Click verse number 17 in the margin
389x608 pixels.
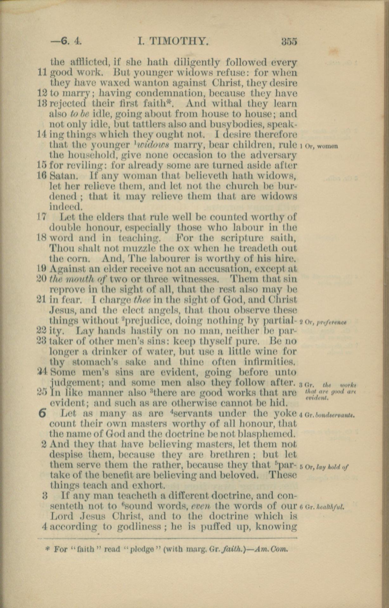[x=42, y=217]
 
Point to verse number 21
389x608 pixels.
[x=42, y=299]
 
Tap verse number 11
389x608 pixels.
[x=42, y=73]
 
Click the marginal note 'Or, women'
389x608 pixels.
[x=319, y=146]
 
